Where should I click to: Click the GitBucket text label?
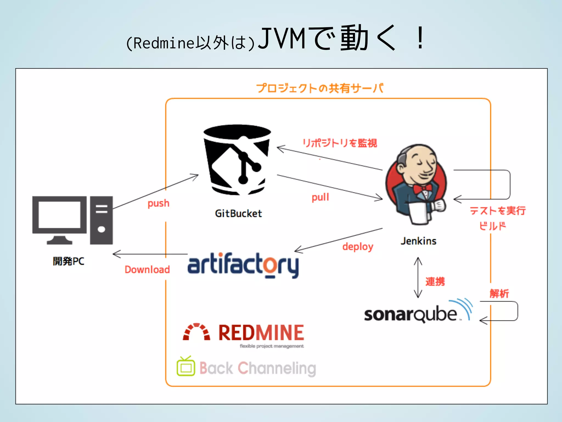[x=238, y=213]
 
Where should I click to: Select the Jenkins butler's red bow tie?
[x=422, y=189]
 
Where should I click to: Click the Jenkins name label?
[x=418, y=241]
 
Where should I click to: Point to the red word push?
[x=158, y=204]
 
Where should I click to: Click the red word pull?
[x=320, y=197]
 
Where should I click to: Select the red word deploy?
[x=358, y=247]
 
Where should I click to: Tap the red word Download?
[x=147, y=270]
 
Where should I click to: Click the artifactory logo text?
[x=243, y=265]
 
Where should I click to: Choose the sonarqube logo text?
[x=410, y=314]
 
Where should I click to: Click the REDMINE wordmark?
[x=261, y=333]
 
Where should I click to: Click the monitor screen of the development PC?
[x=59, y=215]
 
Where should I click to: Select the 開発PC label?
[x=68, y=261]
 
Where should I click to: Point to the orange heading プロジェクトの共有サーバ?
[x=320, y=88]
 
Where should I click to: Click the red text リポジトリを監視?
[x=340, y=143]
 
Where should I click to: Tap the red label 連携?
[x=435, y=282]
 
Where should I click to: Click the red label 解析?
[x=499, y=293]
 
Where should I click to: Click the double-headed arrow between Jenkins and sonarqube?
[x=418, y=277]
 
